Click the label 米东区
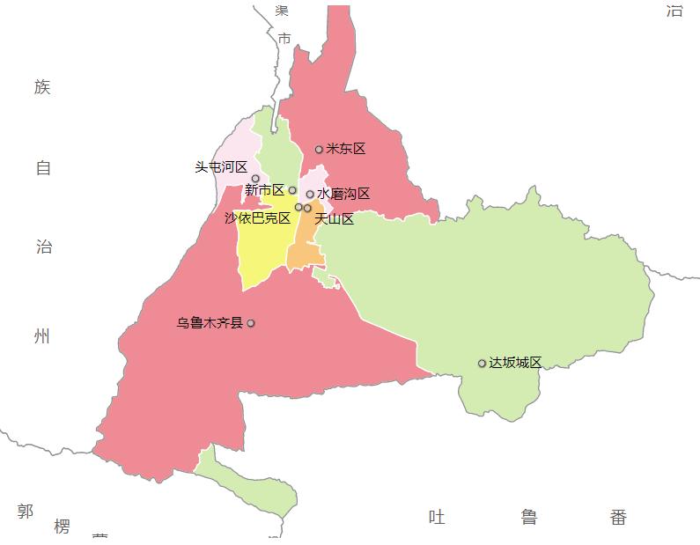345,149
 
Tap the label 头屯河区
221,166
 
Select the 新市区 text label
264,190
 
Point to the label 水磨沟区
343,194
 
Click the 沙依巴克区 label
257,217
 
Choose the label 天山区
334,218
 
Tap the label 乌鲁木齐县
210,323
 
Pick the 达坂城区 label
515,363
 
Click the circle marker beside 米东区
319,150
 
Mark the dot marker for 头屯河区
255,179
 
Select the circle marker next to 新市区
292,190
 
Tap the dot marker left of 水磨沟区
310,195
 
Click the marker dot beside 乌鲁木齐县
251,323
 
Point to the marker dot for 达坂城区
482,364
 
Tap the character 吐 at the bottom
437,517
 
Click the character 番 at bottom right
618,517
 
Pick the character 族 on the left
42,87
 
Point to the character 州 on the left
42,336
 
